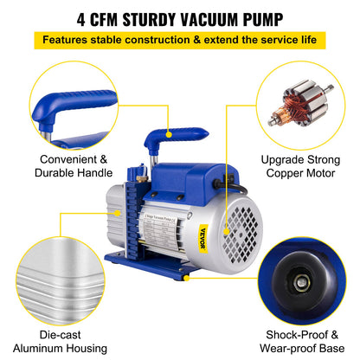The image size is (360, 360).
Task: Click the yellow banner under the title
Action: [180, 39]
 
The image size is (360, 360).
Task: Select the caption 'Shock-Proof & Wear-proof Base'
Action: [304, 340]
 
